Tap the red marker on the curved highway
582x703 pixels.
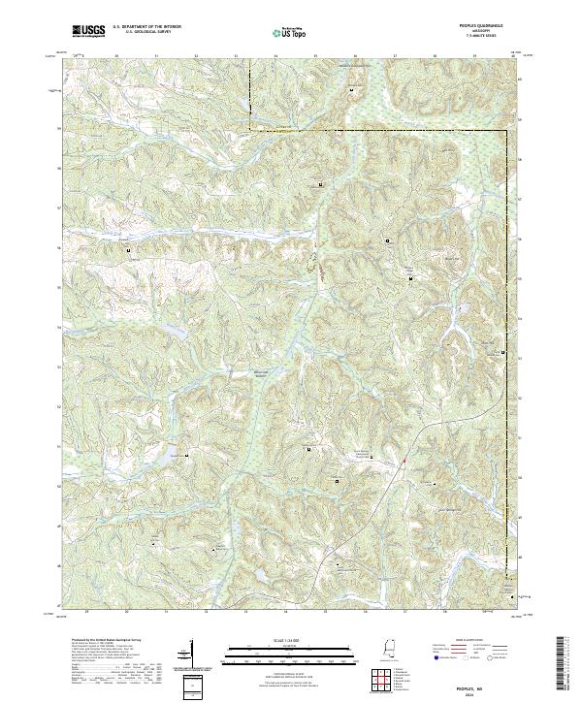coord(403,460)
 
